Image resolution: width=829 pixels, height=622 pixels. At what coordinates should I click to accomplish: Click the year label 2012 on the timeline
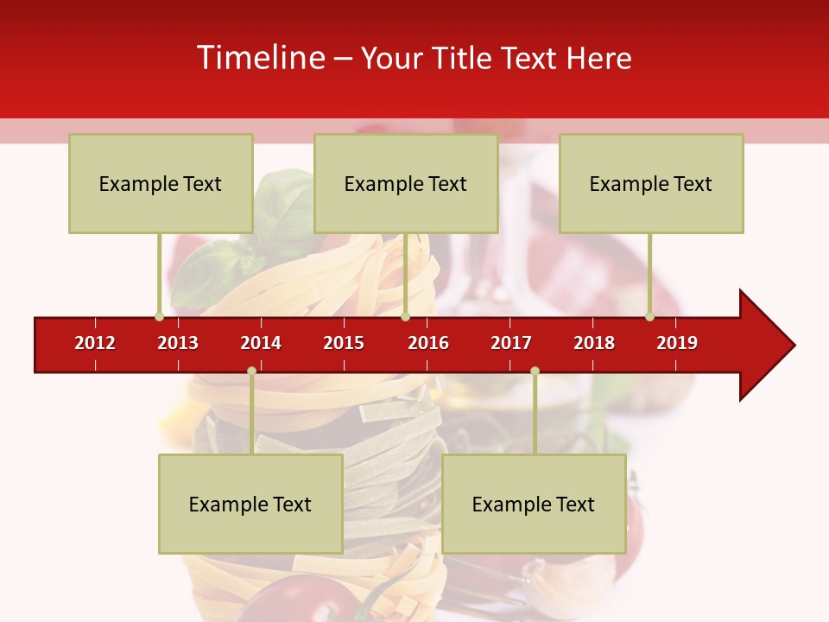95,343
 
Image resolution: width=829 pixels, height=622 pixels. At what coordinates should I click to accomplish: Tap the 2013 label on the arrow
178,343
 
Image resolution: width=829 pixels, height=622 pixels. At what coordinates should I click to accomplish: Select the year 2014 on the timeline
261,343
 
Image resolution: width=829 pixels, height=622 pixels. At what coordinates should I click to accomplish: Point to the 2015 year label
344,343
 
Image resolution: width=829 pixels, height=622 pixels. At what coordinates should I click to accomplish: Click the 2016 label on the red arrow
428,343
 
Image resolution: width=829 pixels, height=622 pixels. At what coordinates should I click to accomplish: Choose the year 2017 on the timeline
511,343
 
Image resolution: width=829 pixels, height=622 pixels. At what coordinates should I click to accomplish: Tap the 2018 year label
594,343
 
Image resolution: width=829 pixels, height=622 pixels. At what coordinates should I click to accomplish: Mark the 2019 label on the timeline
677,343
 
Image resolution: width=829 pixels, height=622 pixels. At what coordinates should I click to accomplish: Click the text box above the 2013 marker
161,183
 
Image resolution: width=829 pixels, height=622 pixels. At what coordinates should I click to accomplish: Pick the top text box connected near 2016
406,183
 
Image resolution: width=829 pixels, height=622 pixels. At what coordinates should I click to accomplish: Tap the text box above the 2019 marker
651,183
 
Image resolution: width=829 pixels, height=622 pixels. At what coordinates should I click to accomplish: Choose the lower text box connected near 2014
250,504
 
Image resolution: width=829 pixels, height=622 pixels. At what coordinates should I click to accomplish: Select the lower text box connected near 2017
534,504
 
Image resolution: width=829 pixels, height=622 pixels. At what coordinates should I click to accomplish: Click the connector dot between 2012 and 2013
159,316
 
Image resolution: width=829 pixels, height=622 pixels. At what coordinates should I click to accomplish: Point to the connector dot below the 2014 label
251,371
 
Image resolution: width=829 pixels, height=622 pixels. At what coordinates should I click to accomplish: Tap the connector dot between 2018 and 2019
649,316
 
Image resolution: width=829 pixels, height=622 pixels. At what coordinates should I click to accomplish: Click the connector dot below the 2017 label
535,371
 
